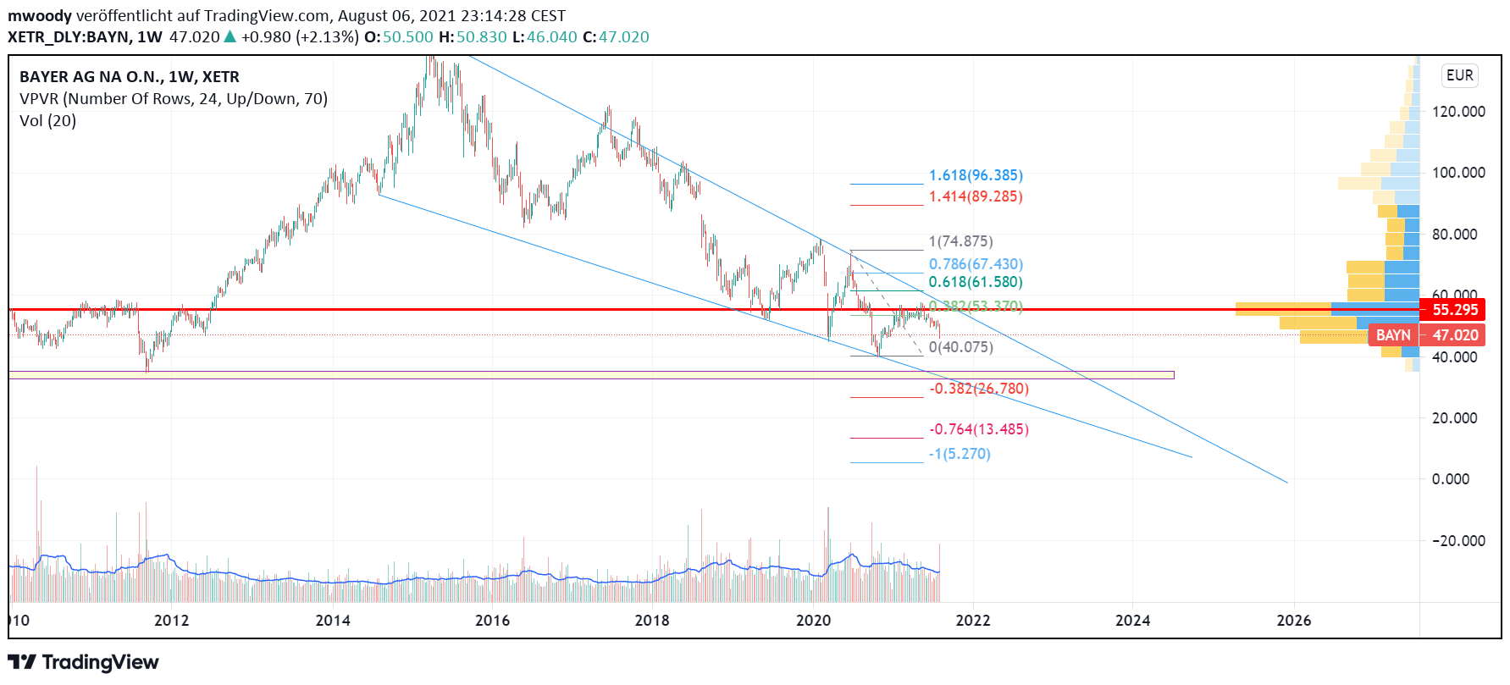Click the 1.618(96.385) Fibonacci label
(x=975, y=175)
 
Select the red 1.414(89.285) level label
(x=975, y=196)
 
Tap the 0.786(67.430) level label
(x=975, y=264)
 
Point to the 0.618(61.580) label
(x=975, y=282)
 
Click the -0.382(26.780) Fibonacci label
(x=978, y=389)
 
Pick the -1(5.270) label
(x=959, y=454)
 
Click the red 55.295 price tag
(x=1454, y=310)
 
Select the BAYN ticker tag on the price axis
(x=1393, y=335)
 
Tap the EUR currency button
(x=1459, y=75)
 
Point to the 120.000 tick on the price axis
(x=1458, y=112)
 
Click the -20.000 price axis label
(x=1458, y=540)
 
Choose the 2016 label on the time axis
(x=492, y=621)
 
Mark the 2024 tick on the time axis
(x=1132, y=621)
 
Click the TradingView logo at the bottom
(x=83, y=662)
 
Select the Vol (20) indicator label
(x=47, y=121)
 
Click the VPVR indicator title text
(x=173, y=99)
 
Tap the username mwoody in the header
(x=39, y=15)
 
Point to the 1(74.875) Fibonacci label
(x=960, y=241)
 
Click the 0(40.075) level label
(x=960, y=347)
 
